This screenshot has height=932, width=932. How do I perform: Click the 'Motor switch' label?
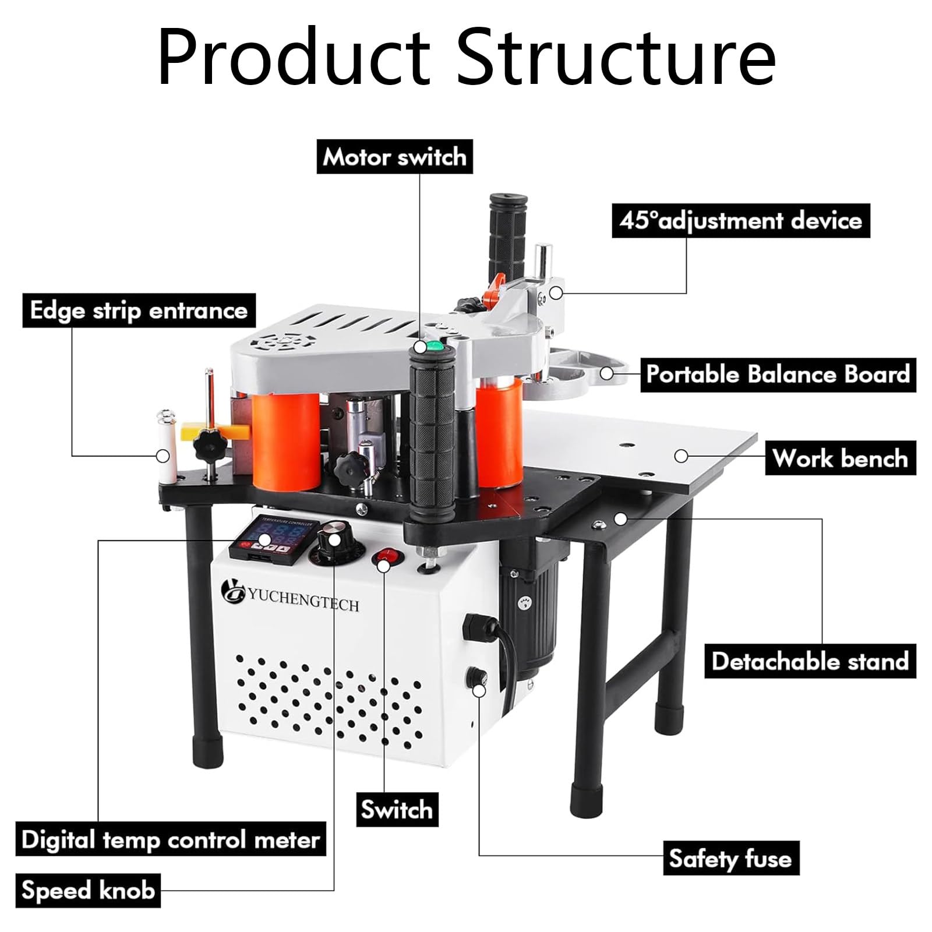[x=394, y=157]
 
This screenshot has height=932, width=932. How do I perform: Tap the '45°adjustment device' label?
[x=741, y=220]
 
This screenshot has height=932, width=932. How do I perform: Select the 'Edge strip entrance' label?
[x=139, y=310]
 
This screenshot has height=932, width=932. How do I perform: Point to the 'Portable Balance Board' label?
[x=778, y=375]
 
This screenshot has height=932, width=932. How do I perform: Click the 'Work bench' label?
[x=841, y=458]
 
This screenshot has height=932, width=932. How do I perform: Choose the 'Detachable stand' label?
[x=810, y=661]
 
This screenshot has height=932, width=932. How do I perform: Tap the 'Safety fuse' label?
[x=730, y=858]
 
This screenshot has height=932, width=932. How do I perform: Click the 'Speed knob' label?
[x=88, y=890]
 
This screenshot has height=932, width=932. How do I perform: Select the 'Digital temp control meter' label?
[x=171, y=839]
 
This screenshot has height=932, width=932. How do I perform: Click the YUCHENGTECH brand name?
[x=303, y=599]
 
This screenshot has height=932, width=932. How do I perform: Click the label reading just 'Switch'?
[x=397, y=809]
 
